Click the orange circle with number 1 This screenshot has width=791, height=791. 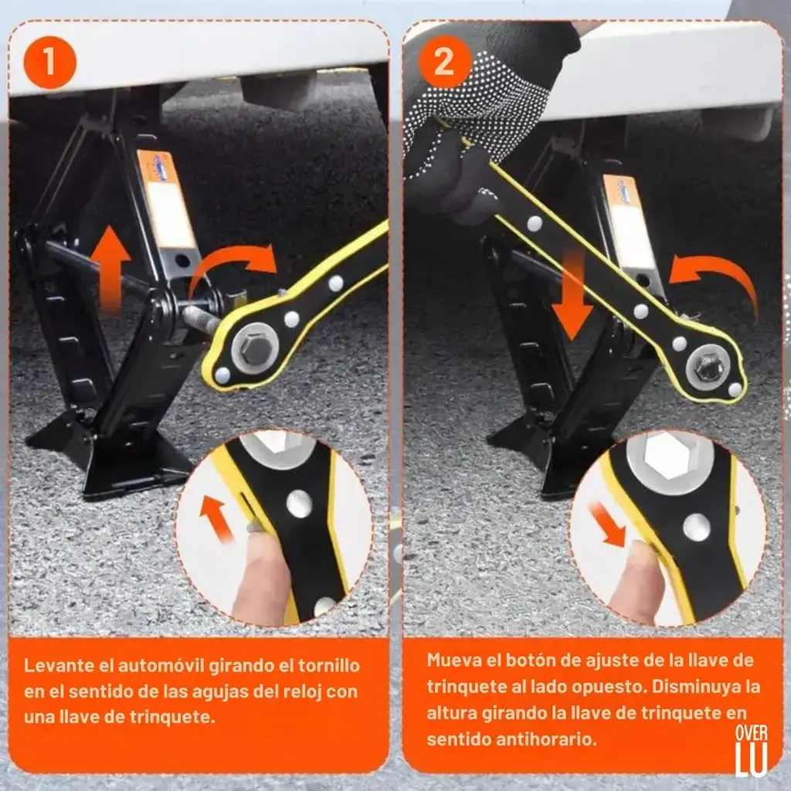tap(50, 63)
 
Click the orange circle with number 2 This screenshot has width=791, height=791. tap(445, 62)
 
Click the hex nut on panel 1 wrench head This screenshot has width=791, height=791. tap(255, 348)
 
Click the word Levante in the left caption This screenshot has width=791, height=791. tap(59, 665)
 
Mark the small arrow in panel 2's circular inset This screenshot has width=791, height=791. tap(608, 525)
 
